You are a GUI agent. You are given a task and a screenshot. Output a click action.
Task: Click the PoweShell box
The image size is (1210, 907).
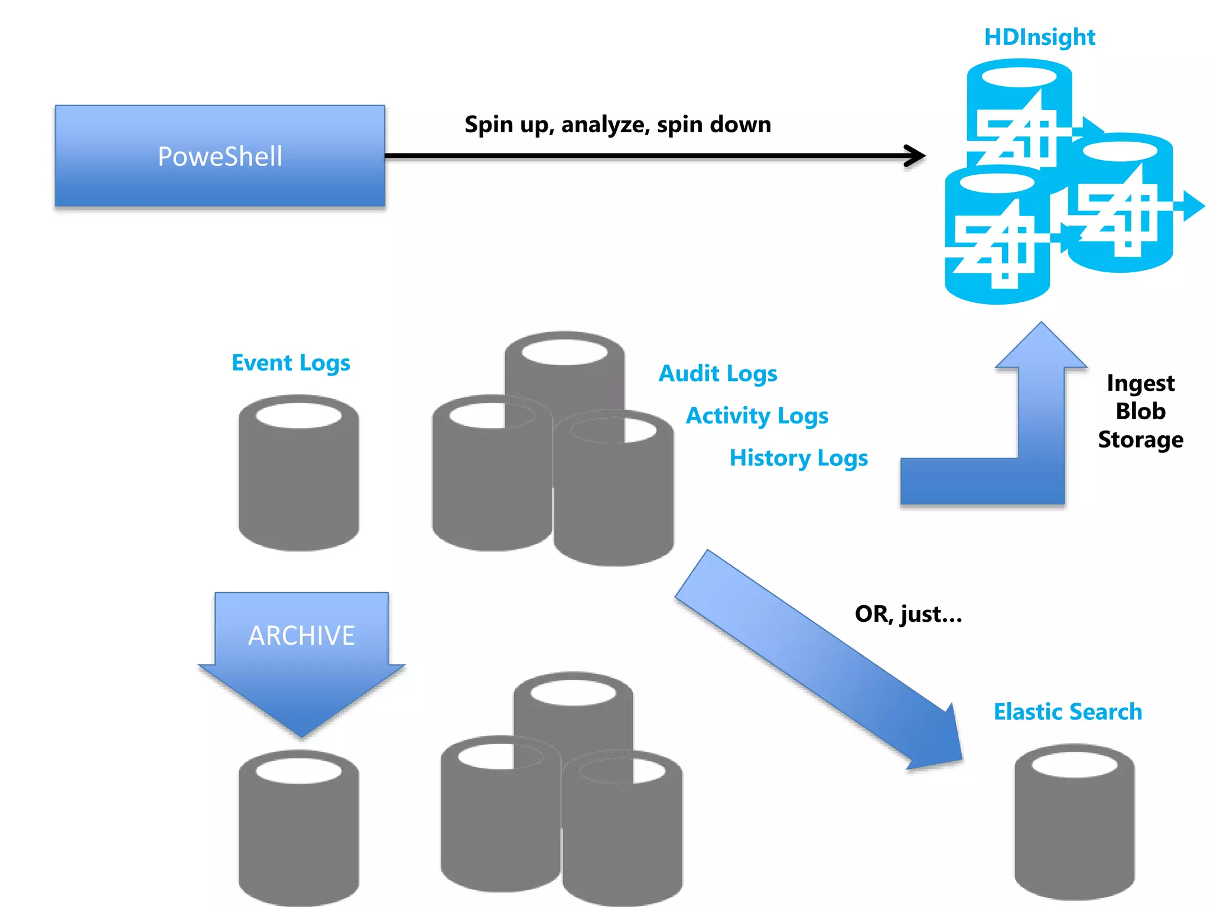pos(220,156)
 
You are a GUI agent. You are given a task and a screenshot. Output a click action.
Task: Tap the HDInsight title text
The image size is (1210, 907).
pos(1039,37)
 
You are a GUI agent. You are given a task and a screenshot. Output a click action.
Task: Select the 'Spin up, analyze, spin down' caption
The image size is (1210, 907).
pos(617,125)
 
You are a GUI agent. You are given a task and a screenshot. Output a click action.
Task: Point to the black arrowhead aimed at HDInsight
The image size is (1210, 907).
pos(916,156)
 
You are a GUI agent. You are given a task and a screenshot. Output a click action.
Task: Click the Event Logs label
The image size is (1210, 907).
pos(291,363)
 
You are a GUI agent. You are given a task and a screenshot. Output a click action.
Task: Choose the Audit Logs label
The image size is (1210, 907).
pos(718,373)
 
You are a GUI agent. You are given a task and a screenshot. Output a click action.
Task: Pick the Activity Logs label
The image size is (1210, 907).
pos(757,416)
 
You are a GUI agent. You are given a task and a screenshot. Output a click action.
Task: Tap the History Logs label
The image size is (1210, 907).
pos(799,458)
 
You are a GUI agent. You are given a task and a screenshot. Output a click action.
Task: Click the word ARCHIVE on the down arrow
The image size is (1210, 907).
pos(301,636)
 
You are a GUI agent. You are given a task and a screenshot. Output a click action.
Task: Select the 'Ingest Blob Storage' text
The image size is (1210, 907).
pos(1140,411)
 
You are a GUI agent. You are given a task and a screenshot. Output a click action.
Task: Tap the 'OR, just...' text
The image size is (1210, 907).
pos(909,614)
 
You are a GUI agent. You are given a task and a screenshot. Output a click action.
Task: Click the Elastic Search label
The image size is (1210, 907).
pos(1068,712)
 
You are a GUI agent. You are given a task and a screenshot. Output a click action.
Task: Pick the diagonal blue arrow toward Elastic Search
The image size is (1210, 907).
pos(818,658)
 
